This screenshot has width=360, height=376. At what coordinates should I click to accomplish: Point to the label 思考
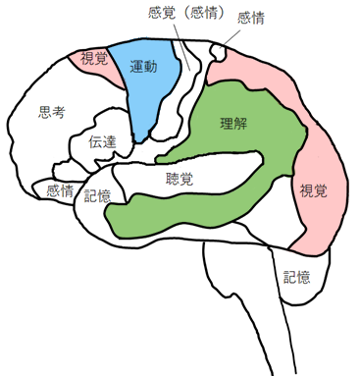pos(51,113)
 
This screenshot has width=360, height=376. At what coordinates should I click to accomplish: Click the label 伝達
pos(102,141)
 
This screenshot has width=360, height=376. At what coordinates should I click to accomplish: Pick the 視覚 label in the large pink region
pos(314,188)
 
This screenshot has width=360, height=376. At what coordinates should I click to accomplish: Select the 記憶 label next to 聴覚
pos(98,195)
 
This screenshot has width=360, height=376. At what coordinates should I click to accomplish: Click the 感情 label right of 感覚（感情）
pos(251,19)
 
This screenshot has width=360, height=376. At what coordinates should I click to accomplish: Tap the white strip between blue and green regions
pos(186,98)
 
